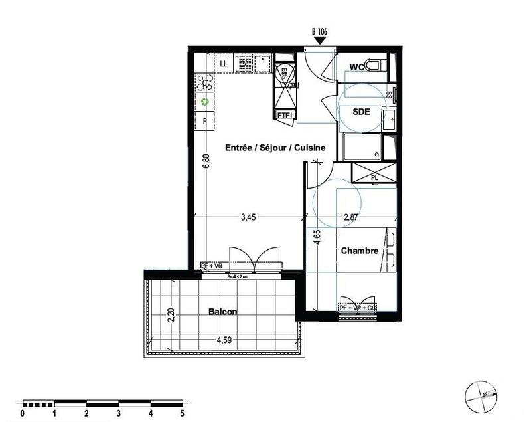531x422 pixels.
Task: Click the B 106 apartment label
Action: pos(320,31)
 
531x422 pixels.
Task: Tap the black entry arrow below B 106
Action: pos(320,41)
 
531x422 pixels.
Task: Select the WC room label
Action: pos(356,66)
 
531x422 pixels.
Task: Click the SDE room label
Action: pos(361,112)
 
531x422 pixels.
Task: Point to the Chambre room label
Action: pos(360,251)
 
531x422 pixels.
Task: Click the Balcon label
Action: pos(222,312)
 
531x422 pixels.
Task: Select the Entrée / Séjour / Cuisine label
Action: pos(275,148)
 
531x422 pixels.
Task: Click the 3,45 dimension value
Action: pos(249,216)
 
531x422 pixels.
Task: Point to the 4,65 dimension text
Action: pos(317,239)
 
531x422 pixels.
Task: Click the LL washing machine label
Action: pos(224,64)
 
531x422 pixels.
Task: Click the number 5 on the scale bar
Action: pos(182,413)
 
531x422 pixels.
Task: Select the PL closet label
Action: pos(375,177)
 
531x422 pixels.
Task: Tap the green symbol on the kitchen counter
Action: pos(205,102)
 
